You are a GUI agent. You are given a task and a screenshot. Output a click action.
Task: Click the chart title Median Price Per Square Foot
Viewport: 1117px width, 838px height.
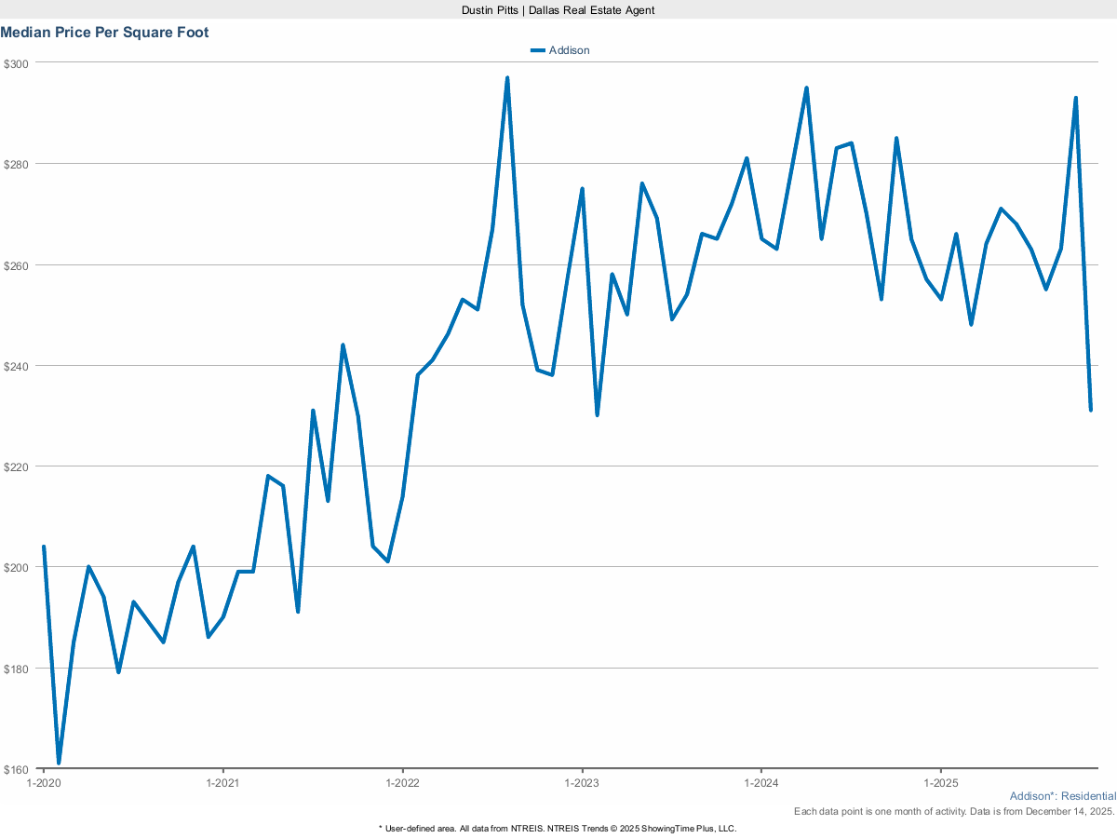[104, 33]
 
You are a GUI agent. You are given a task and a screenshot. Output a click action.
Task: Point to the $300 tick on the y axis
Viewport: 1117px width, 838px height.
[17, 63]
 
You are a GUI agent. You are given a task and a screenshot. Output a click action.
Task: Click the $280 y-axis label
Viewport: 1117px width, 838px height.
[17, 164]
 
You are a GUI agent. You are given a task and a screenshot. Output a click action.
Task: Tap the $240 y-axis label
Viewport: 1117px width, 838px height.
[17, 366]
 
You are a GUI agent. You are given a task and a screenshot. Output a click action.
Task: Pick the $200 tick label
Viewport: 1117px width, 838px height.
[17, 567]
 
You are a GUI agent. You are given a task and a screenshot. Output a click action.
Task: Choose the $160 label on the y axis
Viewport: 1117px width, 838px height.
[17, 769]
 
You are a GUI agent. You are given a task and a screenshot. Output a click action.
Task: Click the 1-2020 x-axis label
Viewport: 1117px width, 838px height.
[43, 783]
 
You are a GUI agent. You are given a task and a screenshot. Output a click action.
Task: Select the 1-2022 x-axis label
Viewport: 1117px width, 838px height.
[402, 783]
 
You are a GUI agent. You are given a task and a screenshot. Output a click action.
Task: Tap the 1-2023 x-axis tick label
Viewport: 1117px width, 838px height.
[582, 783]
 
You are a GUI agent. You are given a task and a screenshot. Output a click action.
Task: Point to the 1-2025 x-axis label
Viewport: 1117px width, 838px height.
[941, 783]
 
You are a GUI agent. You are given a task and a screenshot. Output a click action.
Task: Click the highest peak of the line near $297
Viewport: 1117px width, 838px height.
[507, 78]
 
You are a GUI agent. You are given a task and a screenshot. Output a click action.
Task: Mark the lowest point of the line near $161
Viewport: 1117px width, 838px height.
[59, 764]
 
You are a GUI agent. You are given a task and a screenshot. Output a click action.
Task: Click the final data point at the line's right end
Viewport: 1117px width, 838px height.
[1091, 410]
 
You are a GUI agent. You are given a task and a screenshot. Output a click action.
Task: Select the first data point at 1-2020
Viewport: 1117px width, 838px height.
[44, 547]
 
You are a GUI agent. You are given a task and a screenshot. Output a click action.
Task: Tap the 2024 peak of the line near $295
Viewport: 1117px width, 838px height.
[806, 88]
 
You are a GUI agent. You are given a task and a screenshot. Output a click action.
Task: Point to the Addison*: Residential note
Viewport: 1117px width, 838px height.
[1062, 796]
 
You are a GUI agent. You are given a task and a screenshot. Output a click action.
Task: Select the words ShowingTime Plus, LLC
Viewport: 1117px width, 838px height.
[691, 828]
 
